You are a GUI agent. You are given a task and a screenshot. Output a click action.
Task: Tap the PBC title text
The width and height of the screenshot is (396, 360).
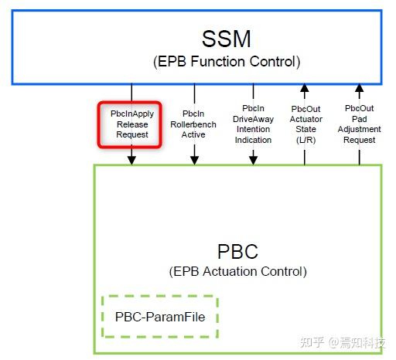click(x=238, y=252)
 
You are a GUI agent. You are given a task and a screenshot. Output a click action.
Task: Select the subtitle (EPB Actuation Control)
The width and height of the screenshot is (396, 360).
click(x=238, y=271)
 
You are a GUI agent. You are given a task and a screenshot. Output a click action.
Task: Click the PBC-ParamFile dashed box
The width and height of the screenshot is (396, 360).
click(x=160, y=316)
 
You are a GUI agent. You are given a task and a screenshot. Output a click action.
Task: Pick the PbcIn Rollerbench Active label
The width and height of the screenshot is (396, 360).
click(x=194, y=124)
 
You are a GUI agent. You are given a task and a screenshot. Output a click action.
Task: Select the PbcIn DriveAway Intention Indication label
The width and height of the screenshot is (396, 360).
click(x=253, y=124)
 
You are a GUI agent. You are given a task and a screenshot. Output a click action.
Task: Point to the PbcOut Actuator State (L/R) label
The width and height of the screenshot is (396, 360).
click(x=305, y=124)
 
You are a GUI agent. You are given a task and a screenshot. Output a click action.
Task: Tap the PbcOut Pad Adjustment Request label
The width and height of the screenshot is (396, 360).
click(x=359, y=124)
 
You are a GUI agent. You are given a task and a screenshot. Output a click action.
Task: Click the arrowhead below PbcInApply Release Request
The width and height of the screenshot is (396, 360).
click(x=131, y=159)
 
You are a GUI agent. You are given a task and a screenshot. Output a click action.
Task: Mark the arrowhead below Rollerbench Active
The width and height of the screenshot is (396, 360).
click(x=194, y=159)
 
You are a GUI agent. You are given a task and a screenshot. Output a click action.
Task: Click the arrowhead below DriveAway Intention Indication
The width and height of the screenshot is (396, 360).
click(x=253, y=159)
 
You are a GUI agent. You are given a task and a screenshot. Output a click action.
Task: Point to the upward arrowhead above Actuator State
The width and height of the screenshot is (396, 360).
click(x=305, y=89)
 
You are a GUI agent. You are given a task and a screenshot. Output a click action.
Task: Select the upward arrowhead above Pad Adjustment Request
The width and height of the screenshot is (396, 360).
click(x=359, y=89)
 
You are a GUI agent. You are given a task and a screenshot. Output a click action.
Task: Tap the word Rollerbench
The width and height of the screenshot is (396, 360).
click(x=194, y=124)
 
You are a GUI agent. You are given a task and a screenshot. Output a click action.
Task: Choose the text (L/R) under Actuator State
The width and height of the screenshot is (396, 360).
click(x=305, y=140)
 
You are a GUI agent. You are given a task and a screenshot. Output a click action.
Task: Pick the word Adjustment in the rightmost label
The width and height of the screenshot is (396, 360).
click(x=359, y=129)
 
